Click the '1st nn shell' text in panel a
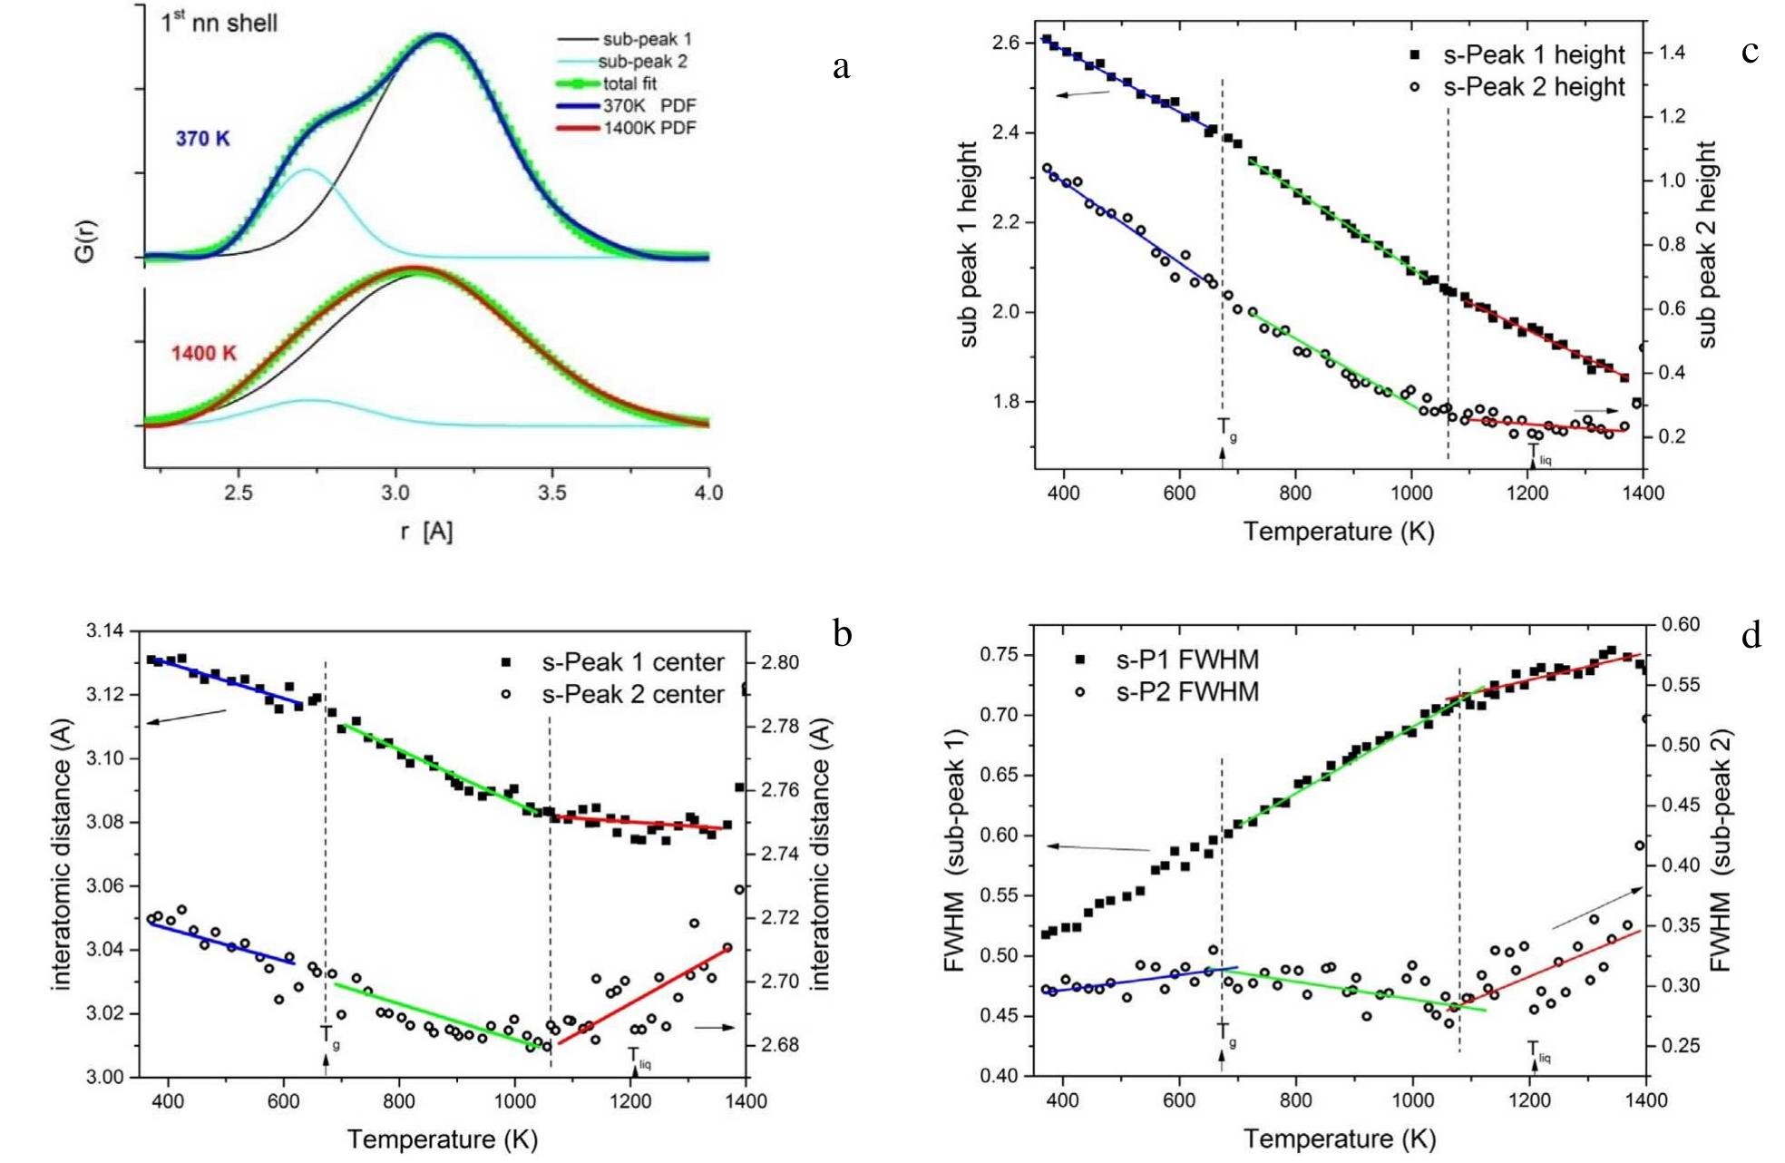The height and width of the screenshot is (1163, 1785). click(x=219, y=23)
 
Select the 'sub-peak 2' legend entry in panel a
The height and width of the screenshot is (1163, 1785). click(x=642, y=62)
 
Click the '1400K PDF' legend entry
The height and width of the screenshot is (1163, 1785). click(x=649, y=128)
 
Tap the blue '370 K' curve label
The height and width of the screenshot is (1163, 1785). click(x=202, y=139)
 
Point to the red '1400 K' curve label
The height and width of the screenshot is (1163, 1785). click(x=203, y=352)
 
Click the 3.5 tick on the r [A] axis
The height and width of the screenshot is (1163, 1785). click(x=551, y=493)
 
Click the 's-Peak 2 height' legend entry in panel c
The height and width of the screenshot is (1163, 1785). click(x=1533, y=87)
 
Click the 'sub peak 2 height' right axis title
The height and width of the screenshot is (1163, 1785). click(x=1707, y=245)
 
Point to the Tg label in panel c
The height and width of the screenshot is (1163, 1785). click(x=1226, y=428)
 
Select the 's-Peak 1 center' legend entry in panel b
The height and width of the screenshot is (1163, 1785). click(x=632, y=662)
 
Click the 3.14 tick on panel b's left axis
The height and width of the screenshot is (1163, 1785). click(x=107, y=630)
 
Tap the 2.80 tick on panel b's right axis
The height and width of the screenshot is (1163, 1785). click(x=780, y=662)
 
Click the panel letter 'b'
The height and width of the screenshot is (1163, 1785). click(x=843, y=634)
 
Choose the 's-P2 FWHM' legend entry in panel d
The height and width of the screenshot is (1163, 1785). click(x=1186, y=692)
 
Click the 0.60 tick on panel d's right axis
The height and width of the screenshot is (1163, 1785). click(x=1680, y=624)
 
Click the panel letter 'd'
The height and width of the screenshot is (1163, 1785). click(x=1751, y=636)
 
